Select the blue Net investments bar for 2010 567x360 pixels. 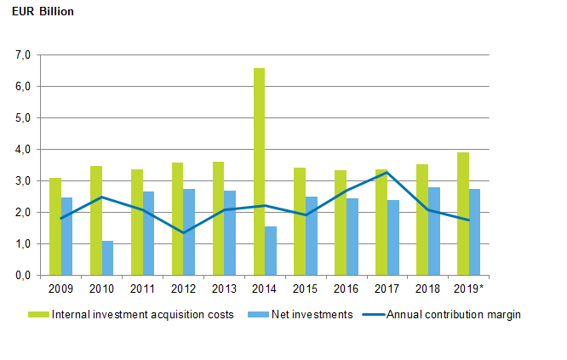click(107, 258)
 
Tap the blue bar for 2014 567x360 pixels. click(271, 251)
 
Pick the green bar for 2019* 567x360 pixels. click(462, 214)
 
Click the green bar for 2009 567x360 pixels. click(54, 226)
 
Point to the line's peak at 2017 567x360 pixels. click(387, 173)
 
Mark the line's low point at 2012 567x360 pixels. click(183, 232)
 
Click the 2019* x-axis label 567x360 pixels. click(470, 289)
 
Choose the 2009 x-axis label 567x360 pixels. click(60, 289)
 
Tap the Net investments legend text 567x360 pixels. click(312, 314)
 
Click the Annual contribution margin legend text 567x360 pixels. click(453, 314)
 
